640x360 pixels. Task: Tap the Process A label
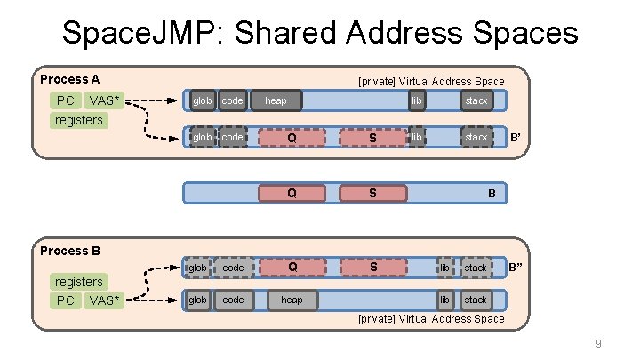click(70, 79)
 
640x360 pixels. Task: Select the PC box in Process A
click(66, 100)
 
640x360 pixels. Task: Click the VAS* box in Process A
click(104, 100)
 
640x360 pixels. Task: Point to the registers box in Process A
click(79, 120)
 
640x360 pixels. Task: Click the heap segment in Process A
click(276, 100)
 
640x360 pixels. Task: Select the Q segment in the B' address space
click(292, 137)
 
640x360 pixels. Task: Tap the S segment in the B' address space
click(372, 137)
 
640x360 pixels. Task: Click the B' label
click(515, 137)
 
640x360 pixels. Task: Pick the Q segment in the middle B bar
click(292, 193)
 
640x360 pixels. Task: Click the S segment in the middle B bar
click(372, 193)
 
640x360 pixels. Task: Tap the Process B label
click(70, 251)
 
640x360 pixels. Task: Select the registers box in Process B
click(79, 282)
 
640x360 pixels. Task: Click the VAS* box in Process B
click(104, 300)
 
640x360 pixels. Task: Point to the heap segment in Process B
click(292, 300)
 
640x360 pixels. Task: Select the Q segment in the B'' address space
click(292, 267)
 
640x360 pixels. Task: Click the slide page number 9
click(598, 344)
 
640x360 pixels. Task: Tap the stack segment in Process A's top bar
click(476, 100)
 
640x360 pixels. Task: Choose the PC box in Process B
click(66, 300)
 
